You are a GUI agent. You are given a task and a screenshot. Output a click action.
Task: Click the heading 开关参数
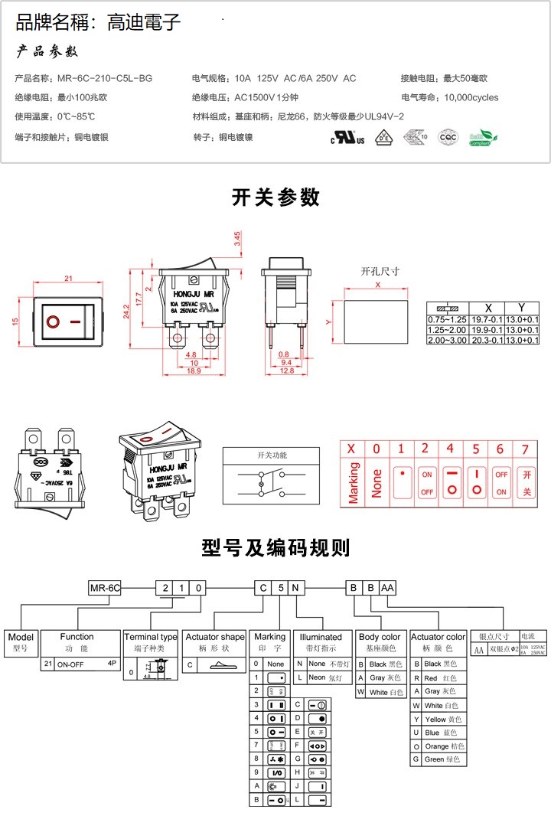pos(275,197)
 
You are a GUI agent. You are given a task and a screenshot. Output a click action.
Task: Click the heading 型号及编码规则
pos(275,548)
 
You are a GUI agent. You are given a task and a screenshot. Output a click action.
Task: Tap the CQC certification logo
pos(447,138)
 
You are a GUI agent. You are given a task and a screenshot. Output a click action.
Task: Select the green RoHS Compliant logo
pos(483,138)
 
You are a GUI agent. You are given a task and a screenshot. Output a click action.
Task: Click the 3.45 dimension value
pos(238,239)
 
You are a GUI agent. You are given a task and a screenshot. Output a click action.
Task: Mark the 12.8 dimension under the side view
pos(286,370)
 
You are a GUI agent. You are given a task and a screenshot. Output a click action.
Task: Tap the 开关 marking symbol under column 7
pos(526,483)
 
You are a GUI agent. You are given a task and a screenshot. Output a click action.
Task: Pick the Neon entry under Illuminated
pos(321,677)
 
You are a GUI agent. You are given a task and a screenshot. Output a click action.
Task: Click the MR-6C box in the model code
pos(105,588)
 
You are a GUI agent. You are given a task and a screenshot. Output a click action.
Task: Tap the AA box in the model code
pos(387,588)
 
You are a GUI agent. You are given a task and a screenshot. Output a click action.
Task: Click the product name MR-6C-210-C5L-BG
pos(100,78)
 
